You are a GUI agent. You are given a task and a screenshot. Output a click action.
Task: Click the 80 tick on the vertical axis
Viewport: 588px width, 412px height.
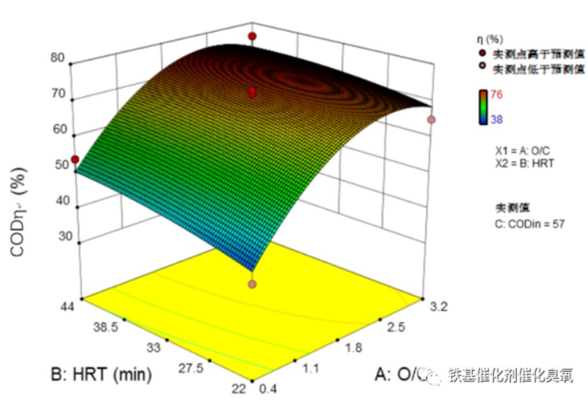[x=58, y=58]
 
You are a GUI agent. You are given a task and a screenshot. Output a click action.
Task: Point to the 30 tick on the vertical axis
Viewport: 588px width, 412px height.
[x=58, y=237]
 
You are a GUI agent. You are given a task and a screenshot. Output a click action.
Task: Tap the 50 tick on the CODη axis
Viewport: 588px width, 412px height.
[x=58, y=164]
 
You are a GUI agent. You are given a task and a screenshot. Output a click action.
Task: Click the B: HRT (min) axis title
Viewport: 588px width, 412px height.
[x=101, y=374]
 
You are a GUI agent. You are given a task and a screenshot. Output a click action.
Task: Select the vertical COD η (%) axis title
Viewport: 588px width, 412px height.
[x=20, y=206]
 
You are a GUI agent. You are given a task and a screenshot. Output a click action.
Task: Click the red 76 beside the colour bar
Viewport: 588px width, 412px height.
[x=496, y=95]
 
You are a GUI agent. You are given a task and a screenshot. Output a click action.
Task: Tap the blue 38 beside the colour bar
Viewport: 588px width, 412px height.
[x=496, y=120]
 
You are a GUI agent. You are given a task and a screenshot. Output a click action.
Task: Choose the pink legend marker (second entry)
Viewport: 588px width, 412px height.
[x=482, y=69]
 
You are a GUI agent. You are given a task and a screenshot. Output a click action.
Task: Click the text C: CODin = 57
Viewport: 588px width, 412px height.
[x=530, y=224]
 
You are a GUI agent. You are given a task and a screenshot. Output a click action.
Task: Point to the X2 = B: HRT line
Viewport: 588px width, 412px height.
[x=524, y=163]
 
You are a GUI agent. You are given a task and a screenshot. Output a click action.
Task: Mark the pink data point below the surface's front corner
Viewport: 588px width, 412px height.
[x=252, y=284]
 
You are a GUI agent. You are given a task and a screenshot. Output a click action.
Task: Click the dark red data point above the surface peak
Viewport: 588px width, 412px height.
[x=252, y=37]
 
